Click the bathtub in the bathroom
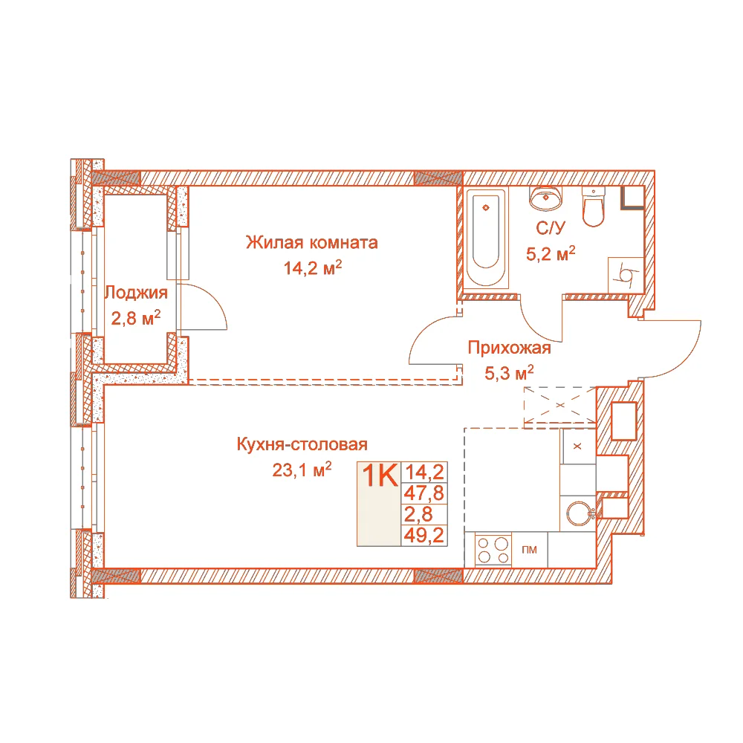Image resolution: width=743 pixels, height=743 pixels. tap(486, 238)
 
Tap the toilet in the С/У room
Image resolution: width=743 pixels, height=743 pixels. tap(593, 207)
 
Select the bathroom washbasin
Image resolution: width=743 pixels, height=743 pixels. tap(546, 198)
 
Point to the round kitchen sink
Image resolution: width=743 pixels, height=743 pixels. tap(580, 513)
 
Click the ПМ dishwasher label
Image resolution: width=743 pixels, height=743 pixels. tap(529, 550)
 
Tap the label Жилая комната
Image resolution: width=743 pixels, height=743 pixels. tap(312, 243)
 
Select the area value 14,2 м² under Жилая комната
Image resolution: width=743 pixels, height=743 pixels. tap(312, 268)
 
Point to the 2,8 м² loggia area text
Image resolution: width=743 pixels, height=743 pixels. tap(135, 318)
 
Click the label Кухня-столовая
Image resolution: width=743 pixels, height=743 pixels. tap(302, 444)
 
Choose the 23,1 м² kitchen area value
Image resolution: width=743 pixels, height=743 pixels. tap(302, 470)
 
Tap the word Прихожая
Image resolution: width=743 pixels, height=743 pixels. tap(510, 348)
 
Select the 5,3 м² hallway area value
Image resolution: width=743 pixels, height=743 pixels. tap(509, 373)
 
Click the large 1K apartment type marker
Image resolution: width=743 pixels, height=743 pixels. tap(380, 476)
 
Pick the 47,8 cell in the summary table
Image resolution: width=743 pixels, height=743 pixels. tap(424, 493)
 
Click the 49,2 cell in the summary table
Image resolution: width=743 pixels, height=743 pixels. tap(424, 536)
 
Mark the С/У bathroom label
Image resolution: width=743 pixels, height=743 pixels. tap(551, 228)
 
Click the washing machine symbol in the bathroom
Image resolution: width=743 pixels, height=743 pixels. tap(626, 275)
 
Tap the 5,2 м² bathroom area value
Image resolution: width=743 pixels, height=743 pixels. tap(551, 254)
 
